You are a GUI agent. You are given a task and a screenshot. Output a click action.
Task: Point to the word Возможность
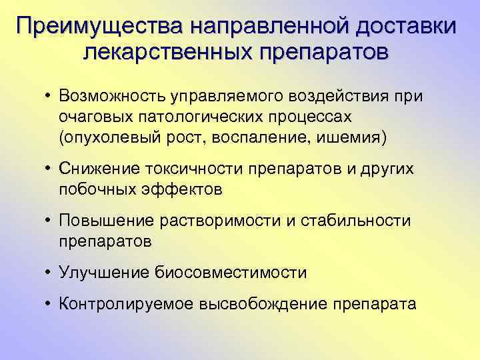pyautogui.click(x=110, y=97)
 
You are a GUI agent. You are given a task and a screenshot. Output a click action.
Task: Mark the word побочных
pyautogui.click(x=93, y=189)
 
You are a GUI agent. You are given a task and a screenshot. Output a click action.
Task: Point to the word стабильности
pyautogui.click(x=354, y=221)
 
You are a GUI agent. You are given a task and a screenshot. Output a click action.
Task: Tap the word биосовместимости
pyautogui.click(x=231, y=272)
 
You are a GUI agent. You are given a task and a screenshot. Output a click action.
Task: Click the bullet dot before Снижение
pyautogui.click(x=49, y=169)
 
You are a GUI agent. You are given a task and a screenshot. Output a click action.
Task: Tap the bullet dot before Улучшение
pyautogui.click(x=49, y=272)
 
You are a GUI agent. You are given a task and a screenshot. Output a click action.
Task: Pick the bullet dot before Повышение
pyautogui.click(x=49, y=221)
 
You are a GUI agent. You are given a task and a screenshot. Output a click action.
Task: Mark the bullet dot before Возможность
pyautogui.click(x=49, y=97)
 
